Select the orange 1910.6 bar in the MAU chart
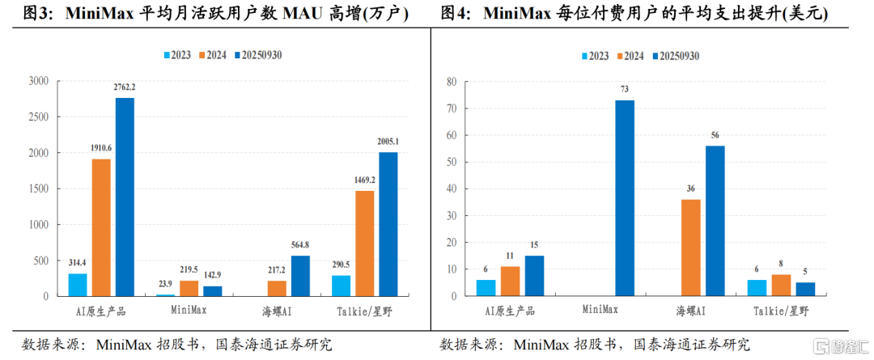click(x=101, y=227)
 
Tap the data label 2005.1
click(x=388, y=142)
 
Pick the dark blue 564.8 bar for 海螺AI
click(x=300, y=276)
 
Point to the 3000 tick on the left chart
click(x=39, y=81)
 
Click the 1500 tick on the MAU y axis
click(x=39, y=188)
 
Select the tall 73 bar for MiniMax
click(x=625, y=198)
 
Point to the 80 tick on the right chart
click(x=452, y=81)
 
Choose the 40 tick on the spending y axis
click(x=452, y=188)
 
